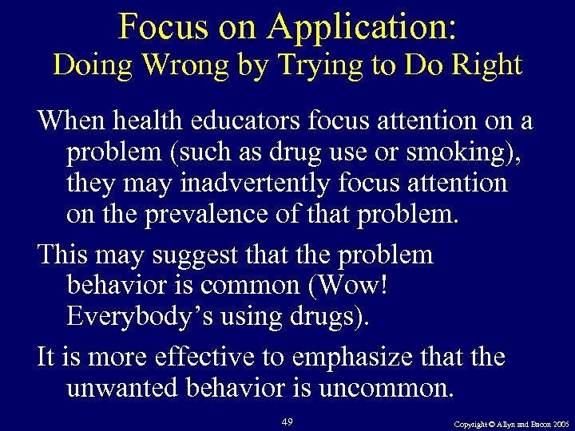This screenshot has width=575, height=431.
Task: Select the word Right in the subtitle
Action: (x=489, y=64)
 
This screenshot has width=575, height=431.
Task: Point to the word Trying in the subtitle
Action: (x=307, y=65)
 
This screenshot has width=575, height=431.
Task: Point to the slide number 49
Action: (x=288, y=420)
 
